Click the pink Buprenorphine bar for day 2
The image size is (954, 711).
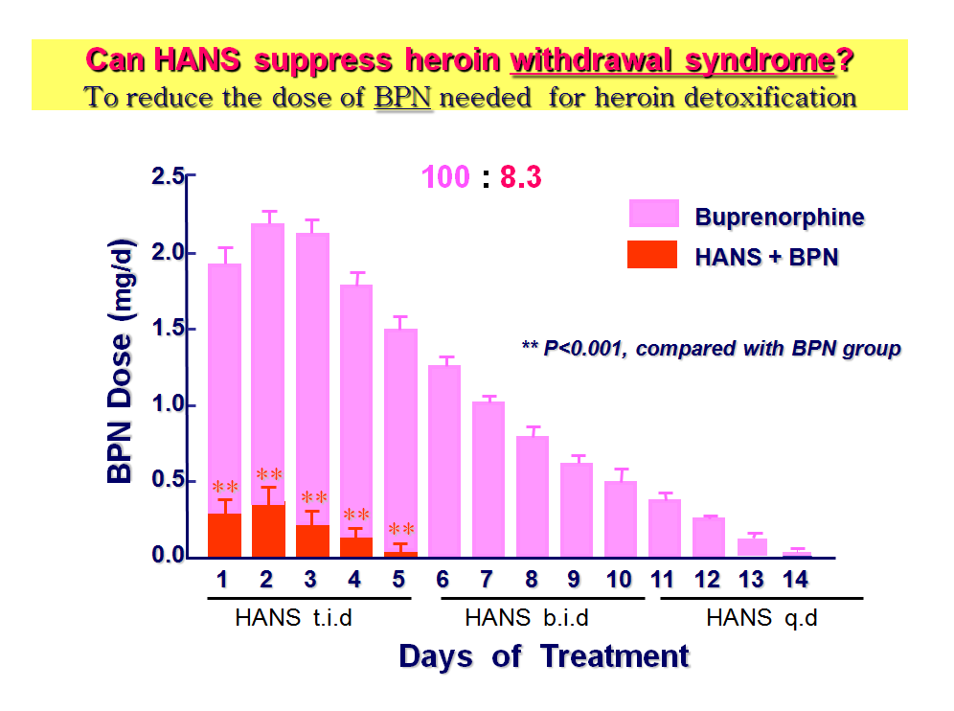[x=267, y=363]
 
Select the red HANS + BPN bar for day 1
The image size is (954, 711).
[x=224, y=535]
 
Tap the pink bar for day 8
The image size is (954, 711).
[x=533, y=496]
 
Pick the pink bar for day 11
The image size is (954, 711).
[x=665, y=528]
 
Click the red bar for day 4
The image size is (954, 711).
[x=356, y=547]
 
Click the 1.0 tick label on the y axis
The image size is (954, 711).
[x=168, y=403]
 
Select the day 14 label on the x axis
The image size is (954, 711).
[x=795, y=580]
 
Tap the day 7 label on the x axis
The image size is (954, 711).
[x=487, y=580]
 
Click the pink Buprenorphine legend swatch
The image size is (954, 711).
[x=654, y=213]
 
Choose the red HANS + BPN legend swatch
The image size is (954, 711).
[x=652, y=255]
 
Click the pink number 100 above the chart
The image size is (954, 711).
[x=445, y=177]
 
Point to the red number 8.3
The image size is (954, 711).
[x=521, y=177]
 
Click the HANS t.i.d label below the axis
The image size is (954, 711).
[x=293, y=618]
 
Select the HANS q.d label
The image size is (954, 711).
[x=761, y=618]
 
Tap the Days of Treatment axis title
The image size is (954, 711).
[x=544, y=656]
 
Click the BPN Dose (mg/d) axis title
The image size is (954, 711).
[x=120, y=359]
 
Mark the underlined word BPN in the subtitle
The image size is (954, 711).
[x=403, y=98]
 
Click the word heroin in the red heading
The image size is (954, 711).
[x=453, y=60]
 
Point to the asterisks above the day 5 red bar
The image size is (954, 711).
[x=401, y=528]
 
